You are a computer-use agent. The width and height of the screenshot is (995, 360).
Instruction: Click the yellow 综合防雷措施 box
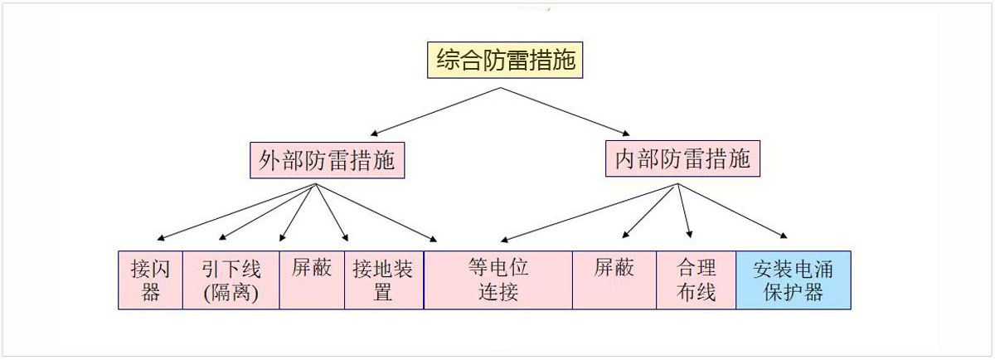coord(505,61)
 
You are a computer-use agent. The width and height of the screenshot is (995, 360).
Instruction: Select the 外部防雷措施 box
coord(327,159)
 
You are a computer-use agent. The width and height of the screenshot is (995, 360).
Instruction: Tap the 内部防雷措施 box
coord(682,159)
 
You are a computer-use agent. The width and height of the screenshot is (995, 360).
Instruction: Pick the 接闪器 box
coord(150,280)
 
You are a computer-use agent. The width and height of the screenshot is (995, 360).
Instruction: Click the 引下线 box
coord(231,280)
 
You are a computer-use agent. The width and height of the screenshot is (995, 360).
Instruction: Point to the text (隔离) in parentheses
coord(231,293)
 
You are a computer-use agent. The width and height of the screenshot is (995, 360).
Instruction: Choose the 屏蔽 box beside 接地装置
coord(312,280)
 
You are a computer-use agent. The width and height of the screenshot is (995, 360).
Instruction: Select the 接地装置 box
coord(383,280)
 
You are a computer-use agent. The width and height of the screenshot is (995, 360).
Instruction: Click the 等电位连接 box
coord(498,280)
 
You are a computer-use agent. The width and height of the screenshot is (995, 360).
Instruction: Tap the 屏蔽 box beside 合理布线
coord(614,280)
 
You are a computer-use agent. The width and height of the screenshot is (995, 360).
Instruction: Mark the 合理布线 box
coord(696,280)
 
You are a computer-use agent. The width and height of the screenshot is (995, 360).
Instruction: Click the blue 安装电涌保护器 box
coord(793,280)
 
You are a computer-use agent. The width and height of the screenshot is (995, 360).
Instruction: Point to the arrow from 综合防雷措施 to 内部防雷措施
coord(572,108)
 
